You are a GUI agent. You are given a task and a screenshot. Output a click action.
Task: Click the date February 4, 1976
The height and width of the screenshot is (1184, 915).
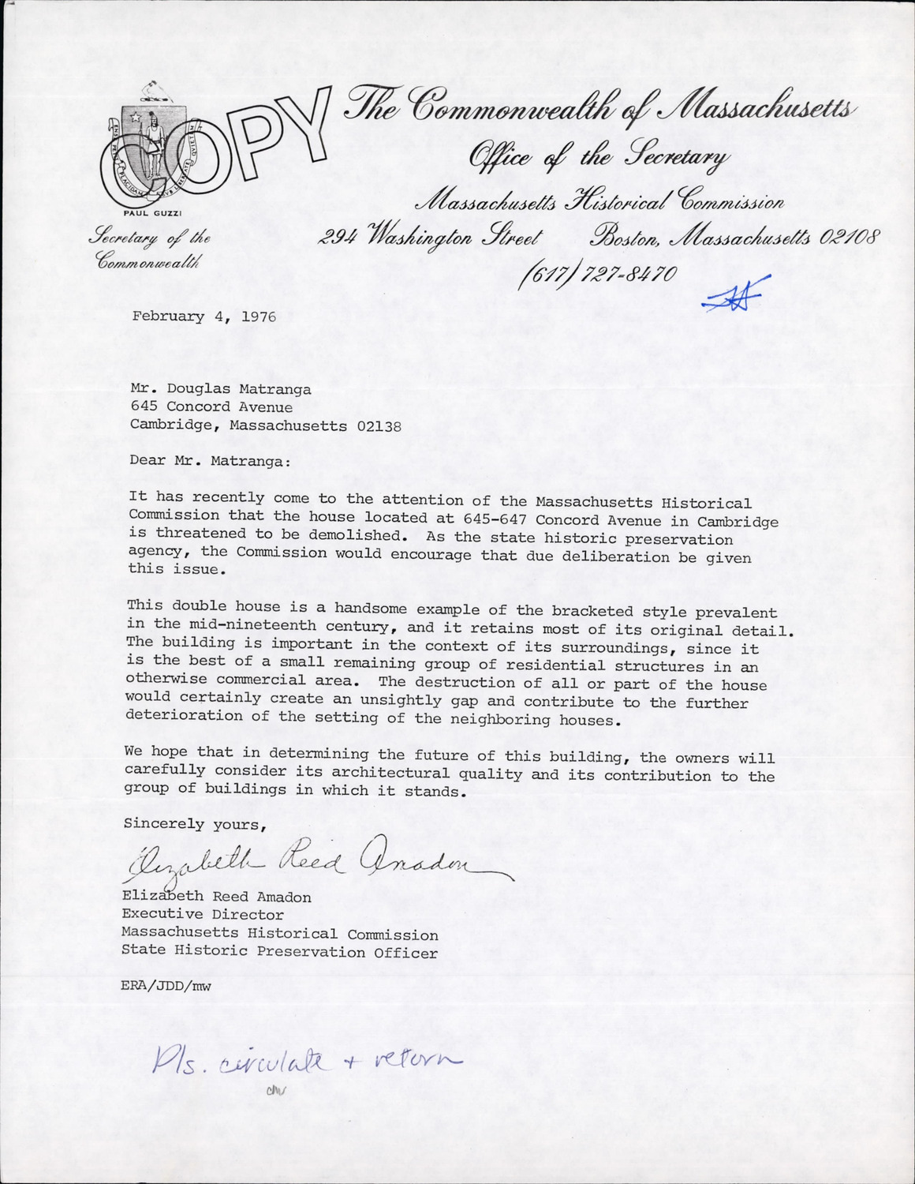coord(204,317)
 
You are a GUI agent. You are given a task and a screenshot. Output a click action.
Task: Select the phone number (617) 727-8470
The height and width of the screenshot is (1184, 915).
coord(598,274)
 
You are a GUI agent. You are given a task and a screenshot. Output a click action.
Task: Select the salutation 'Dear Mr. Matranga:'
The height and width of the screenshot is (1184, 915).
coord(211,462)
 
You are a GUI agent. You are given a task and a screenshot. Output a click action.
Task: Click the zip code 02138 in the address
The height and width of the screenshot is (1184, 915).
coord(379,426)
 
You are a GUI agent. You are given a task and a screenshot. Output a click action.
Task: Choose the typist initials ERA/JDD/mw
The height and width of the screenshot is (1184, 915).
coord(166,986)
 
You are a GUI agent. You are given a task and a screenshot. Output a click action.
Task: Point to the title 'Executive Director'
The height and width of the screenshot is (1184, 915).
coord(202,915)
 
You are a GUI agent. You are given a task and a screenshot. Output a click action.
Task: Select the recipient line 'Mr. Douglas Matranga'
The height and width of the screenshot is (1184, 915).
coord(221,389)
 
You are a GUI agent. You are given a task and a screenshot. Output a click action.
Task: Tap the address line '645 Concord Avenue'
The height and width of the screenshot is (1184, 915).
coord(211,407)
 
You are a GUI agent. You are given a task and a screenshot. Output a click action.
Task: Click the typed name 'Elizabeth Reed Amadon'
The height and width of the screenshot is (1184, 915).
coord(215,897)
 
